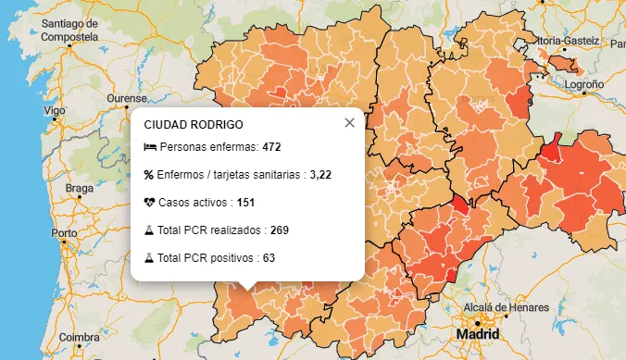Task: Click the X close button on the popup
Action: click(349, 123)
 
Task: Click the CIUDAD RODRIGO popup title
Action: click(194, 124)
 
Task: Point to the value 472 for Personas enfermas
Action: click(271, 147)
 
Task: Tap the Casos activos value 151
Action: click(245, 202)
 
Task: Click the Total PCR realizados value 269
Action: click(280, 230)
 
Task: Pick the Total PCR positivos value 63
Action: click(269, 257)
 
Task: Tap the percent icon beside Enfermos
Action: click(149, 174)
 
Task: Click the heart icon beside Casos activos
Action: click(149, 202)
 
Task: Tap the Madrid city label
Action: click(478, 334)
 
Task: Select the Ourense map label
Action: click(127, 98)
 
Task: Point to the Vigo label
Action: click(55, 110)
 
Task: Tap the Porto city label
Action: click(64, 233)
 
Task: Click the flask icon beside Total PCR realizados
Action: click(149, 230)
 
